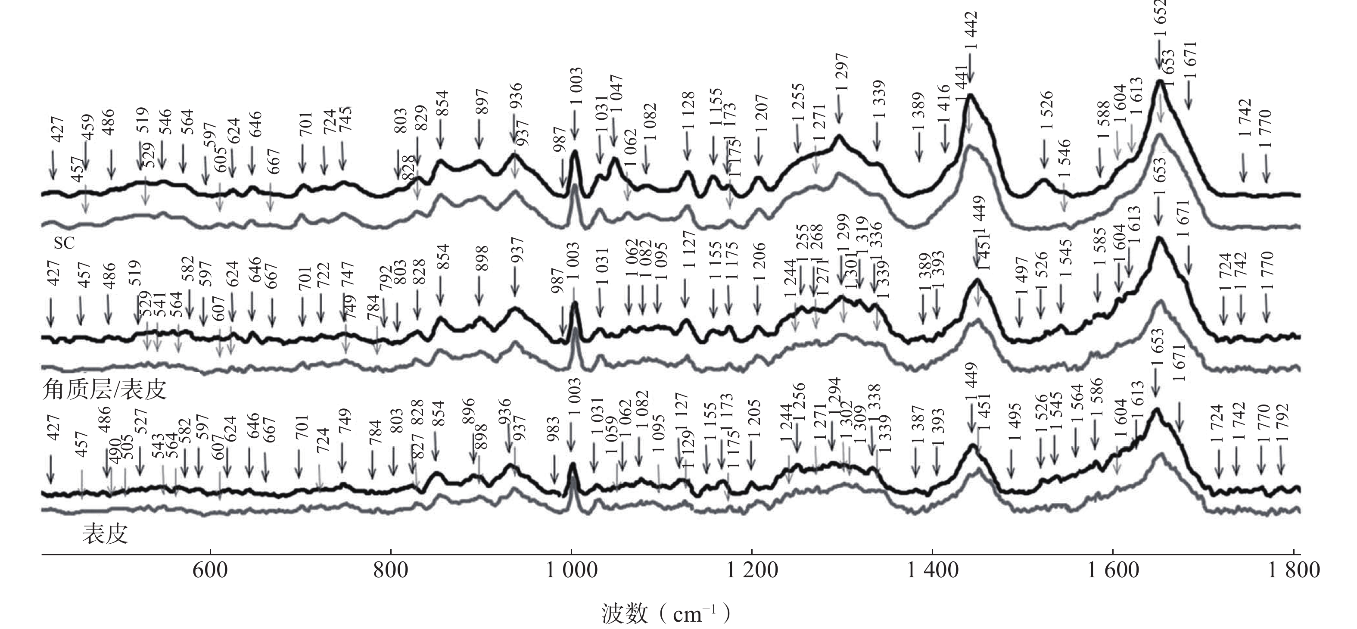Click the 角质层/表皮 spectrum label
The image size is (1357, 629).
coord(104,390)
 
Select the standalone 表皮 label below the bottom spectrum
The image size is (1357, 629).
coord(105,534)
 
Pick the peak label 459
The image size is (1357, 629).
coord(87,131)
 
